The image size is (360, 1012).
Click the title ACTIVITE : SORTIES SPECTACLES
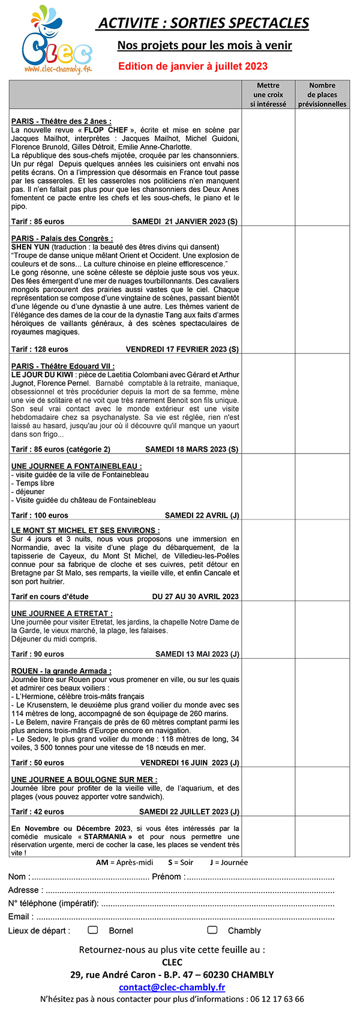[203, 23]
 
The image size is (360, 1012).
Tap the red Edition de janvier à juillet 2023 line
[193, 66]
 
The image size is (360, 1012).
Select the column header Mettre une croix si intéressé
[268, 95]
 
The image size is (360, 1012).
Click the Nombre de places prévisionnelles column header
[322, 95]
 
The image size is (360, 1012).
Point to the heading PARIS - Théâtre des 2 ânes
[61, 121]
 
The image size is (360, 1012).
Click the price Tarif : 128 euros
[40, 349]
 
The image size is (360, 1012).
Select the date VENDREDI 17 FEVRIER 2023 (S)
[182, 349]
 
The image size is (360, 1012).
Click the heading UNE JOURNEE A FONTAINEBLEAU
[76, 466]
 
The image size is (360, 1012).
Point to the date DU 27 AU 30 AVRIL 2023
[195, 596]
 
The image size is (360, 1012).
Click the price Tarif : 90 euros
[37, 654]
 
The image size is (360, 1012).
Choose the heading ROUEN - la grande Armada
[61, 671]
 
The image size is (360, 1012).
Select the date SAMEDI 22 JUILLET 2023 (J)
[189, 812]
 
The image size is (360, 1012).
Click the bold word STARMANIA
[105, 836]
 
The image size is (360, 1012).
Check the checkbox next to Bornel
[93, 930]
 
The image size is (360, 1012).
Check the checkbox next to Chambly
[212, 930]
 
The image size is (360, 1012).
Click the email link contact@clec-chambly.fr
[172, 987]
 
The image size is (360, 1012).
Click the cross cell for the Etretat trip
[268, 630]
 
